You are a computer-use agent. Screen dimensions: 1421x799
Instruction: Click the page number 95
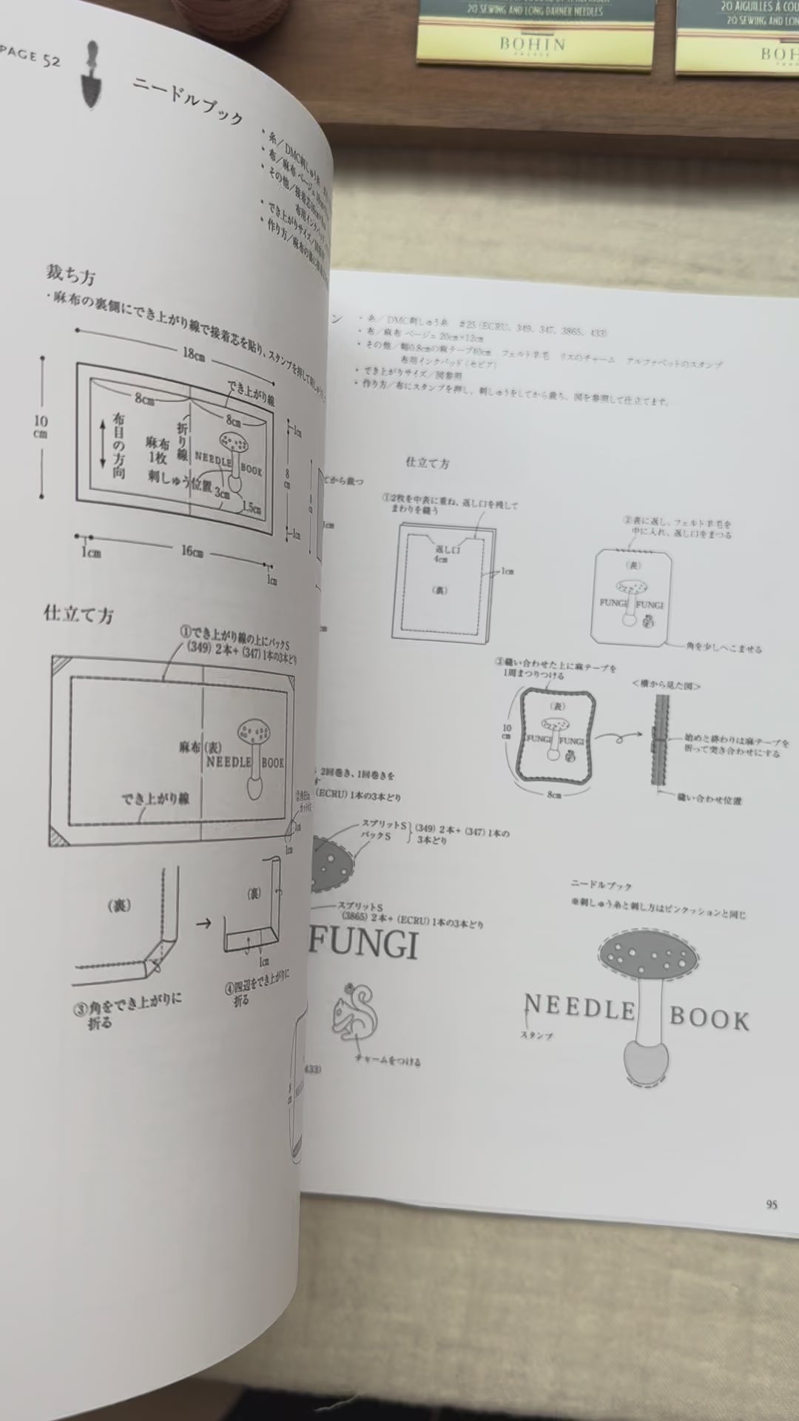tap(772, 1204)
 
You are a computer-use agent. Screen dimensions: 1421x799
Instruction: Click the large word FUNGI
tap(363, 944)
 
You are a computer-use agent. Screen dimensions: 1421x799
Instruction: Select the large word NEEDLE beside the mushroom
tap(579, 1008)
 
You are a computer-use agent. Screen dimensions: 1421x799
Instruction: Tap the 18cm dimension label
tap(194, 354)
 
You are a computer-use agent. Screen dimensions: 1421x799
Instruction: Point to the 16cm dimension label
tap(192, 551)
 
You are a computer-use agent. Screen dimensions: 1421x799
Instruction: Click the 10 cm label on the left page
tap(41, 426)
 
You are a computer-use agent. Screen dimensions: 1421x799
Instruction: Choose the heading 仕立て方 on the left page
tap(78, 614)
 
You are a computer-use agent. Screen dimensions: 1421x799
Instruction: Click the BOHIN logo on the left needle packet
tap(532, 44)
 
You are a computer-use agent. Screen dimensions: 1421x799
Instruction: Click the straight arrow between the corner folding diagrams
tap(203, 923)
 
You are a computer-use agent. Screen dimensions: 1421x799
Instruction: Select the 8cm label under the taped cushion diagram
tap(553, 794)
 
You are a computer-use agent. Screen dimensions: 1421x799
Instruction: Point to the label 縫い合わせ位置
tap(709, 800)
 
